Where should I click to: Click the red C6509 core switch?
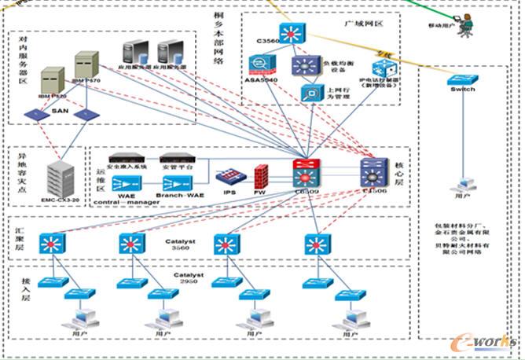tap(304, 171)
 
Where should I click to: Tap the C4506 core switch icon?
tap(373, 171)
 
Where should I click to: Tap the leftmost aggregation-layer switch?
tap(53, 244)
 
